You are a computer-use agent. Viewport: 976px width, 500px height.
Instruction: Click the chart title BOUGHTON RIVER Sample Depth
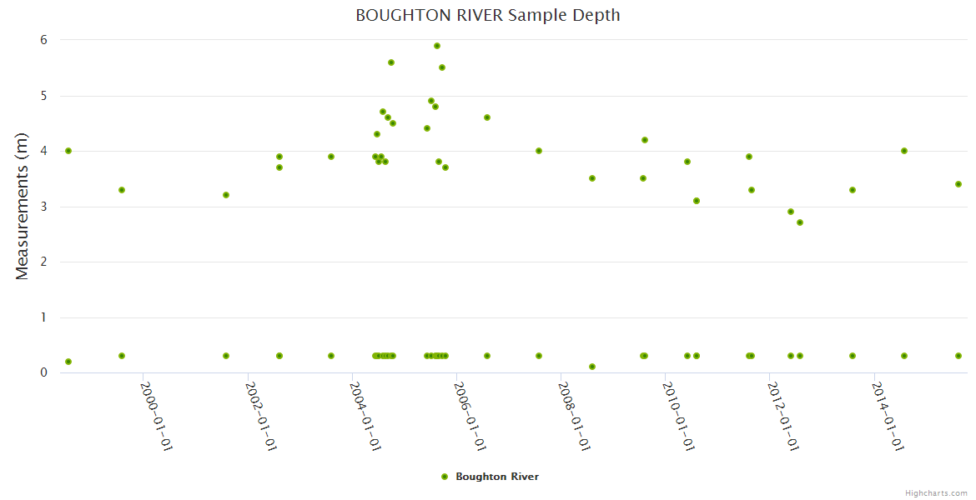(487, 15)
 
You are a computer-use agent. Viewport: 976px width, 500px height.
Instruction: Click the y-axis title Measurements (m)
(23, 207)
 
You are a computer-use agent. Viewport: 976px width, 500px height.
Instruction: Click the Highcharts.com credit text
(936, 492)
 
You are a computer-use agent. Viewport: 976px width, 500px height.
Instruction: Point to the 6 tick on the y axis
(43, 40)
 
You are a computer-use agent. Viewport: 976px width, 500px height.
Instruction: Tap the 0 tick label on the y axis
(43, 372)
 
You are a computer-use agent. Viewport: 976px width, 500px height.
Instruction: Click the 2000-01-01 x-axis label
(156, 417)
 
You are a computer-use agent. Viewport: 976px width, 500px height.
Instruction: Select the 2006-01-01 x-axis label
(470, 417)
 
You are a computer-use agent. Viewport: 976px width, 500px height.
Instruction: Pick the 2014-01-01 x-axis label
(888, 417)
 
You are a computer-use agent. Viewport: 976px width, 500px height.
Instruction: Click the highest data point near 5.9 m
(437, 46)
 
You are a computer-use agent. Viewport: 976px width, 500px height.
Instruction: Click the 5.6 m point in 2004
(391, 62)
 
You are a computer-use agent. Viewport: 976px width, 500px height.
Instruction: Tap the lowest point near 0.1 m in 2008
(592, 367)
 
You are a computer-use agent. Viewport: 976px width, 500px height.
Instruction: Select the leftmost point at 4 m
(68, 151)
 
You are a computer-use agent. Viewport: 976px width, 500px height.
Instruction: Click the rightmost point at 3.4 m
(958, 184)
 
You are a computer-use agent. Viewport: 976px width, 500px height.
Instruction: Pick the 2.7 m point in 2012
(800, 222)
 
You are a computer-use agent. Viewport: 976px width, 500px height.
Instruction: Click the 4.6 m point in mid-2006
(487, 117)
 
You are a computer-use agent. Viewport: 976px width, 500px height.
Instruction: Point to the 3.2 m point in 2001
(226, 195)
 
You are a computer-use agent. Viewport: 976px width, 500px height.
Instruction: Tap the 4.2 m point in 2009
(645, 140)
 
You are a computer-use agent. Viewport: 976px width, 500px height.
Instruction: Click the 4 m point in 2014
(904, 151)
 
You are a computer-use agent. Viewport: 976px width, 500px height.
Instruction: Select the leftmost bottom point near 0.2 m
(68, 362)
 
